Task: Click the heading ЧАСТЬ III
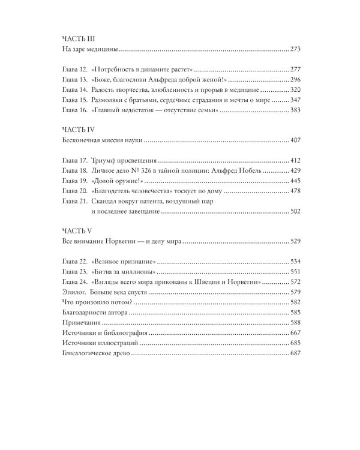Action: pos(79,37)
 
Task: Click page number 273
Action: pos(299,49)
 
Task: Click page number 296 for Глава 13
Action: pos(299,80)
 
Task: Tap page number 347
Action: pos(299,100)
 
